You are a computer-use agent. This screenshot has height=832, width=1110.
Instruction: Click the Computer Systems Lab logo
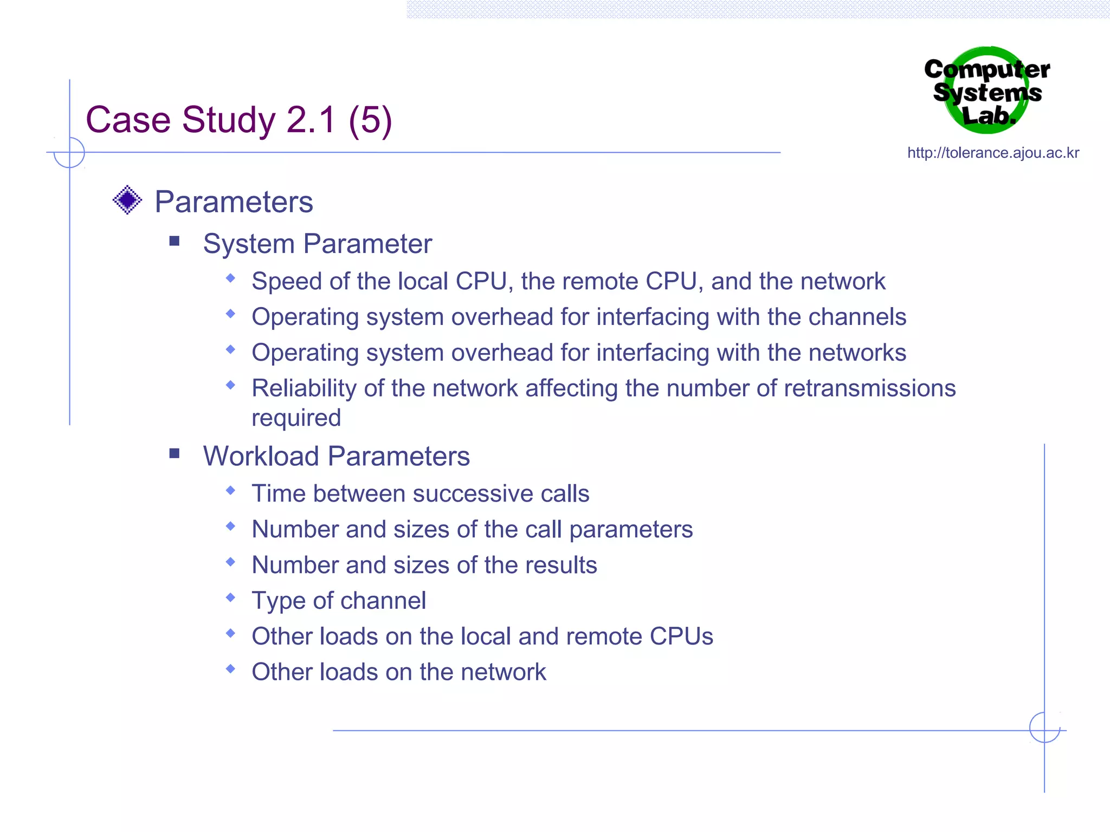click(987, 91)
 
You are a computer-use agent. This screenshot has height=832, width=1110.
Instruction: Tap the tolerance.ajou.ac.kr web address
click(993, 153)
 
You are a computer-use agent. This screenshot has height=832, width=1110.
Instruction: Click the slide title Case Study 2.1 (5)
click(238, 120)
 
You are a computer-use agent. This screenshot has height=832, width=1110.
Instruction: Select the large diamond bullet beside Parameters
click(127, 200)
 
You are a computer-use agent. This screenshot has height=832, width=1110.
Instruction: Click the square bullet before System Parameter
click(174, 240)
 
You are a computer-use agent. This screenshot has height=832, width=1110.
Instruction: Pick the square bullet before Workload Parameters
click(174, 453)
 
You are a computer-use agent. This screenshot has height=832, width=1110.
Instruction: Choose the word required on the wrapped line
click(296, 418)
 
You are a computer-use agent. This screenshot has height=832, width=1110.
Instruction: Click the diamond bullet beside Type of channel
click(231, 597)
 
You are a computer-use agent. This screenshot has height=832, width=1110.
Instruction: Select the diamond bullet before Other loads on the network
click(231, 669)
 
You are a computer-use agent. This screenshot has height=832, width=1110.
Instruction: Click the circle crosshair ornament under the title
click(69, 153)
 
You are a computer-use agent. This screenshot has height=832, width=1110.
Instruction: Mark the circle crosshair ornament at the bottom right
click(1044, 727)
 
